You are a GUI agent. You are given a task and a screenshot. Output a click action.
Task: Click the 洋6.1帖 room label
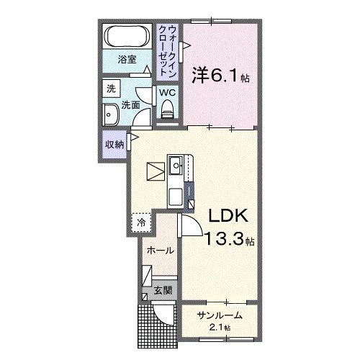pos(220,74)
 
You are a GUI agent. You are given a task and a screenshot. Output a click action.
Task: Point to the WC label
pos(166,93)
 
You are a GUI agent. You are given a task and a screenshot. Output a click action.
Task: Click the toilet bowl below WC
pos(167,110)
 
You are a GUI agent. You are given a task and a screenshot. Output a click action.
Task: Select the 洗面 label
pos(130,105)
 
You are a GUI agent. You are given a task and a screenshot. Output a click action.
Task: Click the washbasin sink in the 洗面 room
pos(112,115)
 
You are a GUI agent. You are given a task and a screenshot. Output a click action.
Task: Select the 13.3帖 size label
pos(227,238)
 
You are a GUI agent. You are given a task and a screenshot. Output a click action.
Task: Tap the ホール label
pos(160,251)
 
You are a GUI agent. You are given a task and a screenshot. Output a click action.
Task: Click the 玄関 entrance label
pos(163,291)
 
